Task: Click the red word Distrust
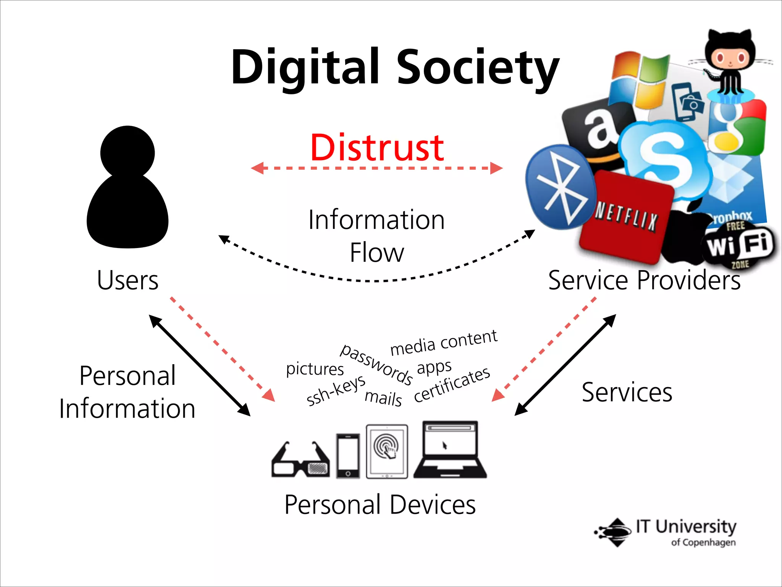click(377, 148)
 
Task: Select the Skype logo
click(664, 156)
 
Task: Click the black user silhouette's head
click(128, 152)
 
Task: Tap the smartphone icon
click(348, 456)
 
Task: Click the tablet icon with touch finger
click(387, 451)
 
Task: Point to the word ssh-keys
click(336, 390)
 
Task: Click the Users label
click(128, 280)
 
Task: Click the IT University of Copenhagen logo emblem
click(612, 532)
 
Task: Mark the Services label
click(627, 392)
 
